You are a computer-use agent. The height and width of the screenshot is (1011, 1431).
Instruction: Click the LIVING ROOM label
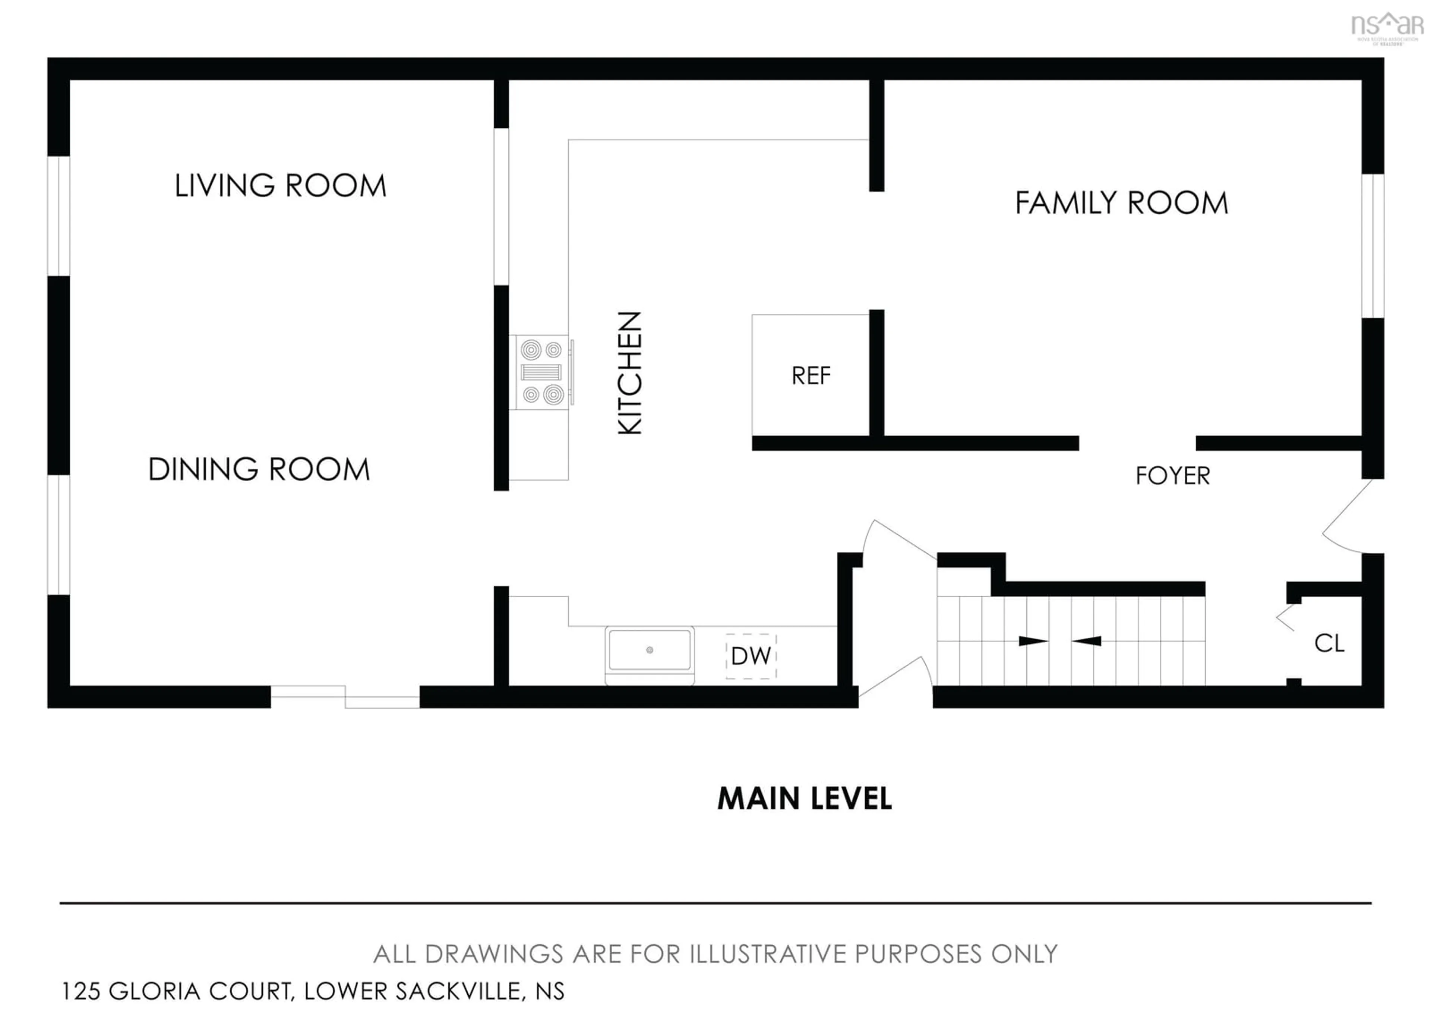point(281,186)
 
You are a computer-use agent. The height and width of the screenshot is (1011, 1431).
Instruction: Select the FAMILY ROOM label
point(1121,203)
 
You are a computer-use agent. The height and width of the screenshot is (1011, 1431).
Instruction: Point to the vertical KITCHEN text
point(629,373)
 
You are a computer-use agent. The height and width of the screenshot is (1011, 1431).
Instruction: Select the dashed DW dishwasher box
point(751,656)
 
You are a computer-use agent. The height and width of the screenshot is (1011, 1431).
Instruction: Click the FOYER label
point(1172,476)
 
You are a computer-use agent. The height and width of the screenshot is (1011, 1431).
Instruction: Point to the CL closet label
point(1329,643)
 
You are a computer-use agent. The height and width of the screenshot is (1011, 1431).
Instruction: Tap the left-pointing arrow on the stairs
point(1087,641)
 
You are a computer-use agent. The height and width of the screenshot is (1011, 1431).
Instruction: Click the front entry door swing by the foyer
point(1346,517)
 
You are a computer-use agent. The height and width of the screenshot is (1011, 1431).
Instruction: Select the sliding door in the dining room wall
point(345,696)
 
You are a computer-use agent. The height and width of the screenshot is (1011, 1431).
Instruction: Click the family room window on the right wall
point(1372,246)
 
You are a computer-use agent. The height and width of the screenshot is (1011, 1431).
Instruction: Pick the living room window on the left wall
point(59,216)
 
